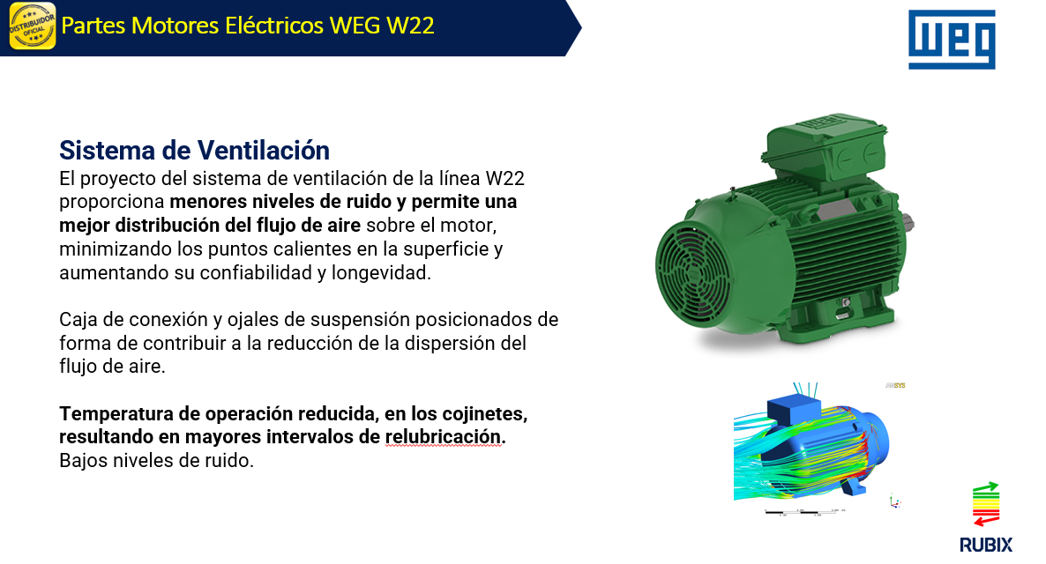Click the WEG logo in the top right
952,40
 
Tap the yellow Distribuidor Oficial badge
32,26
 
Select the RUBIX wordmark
986,545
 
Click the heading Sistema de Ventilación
194,151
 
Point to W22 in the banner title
410,26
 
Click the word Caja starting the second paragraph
78,319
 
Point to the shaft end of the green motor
910,225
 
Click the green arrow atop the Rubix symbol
986,488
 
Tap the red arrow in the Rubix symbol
986,519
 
